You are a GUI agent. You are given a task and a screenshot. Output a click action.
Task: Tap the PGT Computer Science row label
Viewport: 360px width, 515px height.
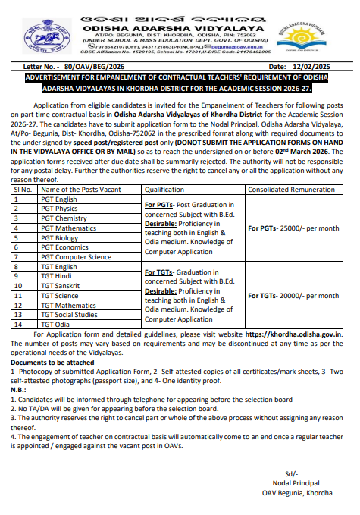[x=76, y=256]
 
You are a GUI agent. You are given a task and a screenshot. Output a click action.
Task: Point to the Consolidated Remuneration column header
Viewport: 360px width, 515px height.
[x=291, y=189]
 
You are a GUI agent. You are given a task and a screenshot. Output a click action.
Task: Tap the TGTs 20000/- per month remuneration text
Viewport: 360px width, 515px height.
[x=293, y=295]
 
